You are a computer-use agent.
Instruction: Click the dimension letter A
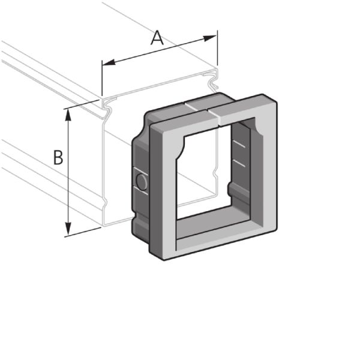pyautogui.click(x=157, y=38)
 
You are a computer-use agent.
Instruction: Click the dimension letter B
pyautogui.click(x=58, y=158)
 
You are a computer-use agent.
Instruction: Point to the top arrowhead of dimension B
pyautogui.click(x=68, y=113)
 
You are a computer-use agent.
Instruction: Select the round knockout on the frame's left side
pyautogui.click(x=142, y=181)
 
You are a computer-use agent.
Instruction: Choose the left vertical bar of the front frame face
pyautogui.click(x=166, y=192)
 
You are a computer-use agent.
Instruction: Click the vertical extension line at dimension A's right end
pyautogui.click(x=217, y=51)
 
